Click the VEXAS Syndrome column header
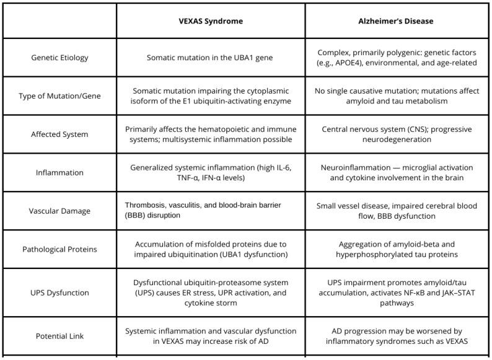(x=211, y=21)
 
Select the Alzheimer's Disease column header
(x=397, y=21)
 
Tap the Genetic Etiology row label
(x=59, y=58)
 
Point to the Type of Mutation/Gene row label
(x=59, y=96)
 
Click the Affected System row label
(x=59, y=134)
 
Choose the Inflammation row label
(x=59, y=172)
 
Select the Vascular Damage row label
(x=59, y=211)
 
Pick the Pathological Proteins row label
(x=59, y=249)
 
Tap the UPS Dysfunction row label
(x=59, y=292)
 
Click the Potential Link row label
(x=59, y=336)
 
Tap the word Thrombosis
(x=146, y=206)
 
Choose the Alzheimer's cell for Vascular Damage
(x=397, y=211)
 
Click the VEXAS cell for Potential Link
(x=211, y=336)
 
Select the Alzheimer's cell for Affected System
(x=397, y=134)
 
